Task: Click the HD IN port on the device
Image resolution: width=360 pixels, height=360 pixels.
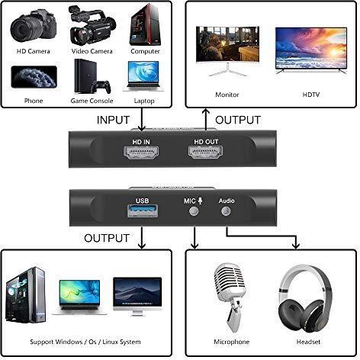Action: (141, 153)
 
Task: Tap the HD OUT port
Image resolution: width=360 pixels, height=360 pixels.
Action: (205, 153)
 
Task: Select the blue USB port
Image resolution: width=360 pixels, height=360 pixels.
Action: (143, 211)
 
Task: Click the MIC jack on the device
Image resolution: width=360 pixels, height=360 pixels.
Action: (194, 211)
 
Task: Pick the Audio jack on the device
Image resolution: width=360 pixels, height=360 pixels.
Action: (226, 211)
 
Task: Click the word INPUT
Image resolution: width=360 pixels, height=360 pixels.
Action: (113, 120)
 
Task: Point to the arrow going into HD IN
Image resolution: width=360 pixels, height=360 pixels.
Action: (141, 120)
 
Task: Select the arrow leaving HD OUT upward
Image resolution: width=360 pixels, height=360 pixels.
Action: (206, 120)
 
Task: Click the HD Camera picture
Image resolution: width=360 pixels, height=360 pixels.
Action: (33, 26)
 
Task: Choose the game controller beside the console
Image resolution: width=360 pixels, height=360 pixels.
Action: (101, 87)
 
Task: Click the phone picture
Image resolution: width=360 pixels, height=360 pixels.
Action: (34, 77)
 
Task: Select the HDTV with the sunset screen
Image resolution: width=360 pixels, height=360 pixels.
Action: (311, 50)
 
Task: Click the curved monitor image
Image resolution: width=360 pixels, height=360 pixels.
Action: (227, 50)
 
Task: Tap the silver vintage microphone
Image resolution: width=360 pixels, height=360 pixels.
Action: (231, 297)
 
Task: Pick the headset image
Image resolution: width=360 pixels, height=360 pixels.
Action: (305, 298)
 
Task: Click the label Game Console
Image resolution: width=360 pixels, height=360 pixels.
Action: (92, 101)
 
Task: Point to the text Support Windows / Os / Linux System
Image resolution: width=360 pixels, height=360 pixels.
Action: (85, 342)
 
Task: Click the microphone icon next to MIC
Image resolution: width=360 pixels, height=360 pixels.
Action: (201, 201)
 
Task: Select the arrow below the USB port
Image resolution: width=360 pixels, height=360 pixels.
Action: (142, 238)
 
